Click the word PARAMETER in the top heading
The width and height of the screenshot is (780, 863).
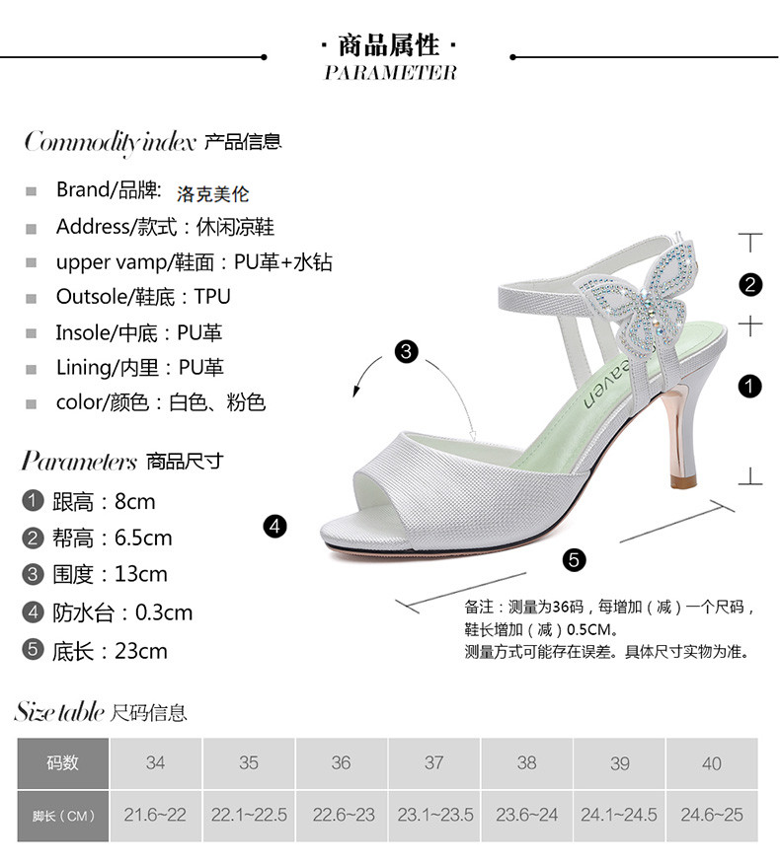390,72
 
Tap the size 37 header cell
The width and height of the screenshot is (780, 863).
433,762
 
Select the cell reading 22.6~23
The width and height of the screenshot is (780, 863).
342,816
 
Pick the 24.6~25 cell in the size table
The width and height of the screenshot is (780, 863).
711,816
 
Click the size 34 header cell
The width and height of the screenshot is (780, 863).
155,762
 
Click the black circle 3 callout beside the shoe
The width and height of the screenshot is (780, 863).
406,351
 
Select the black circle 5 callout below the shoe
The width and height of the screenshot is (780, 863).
575,560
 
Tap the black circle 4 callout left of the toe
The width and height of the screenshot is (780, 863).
274,527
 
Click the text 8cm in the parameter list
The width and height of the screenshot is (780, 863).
134,501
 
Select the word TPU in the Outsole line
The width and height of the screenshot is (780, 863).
212,297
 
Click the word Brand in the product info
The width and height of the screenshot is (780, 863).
84,189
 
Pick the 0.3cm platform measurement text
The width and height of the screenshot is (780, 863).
164,612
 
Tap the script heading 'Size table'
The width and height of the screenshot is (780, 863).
59,711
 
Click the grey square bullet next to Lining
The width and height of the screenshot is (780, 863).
32,369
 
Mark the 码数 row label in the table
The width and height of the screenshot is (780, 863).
62,762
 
